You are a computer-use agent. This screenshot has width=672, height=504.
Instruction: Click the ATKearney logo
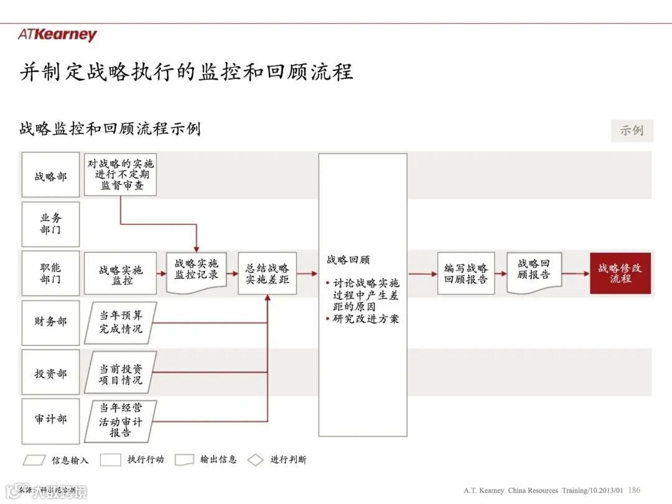[x=57, y=34]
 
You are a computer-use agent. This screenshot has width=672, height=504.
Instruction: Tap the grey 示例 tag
[x=632, y=131]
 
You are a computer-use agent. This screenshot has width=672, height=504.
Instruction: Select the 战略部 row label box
[x=50, y=176]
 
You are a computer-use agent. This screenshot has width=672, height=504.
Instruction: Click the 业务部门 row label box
[x=50, y=224]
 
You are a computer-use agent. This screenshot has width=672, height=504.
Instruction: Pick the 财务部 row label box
[x=50, y=322]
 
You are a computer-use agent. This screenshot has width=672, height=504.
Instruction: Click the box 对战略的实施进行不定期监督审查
[x=121, y=175]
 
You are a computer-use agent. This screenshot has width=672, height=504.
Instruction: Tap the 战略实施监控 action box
[x=121, y=274]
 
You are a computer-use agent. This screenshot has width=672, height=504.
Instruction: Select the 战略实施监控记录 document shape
[x=197, y=272]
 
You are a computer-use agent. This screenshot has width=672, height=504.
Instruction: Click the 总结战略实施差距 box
[x=268, y=274]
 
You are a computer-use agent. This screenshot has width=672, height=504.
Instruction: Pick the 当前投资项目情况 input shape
[x=121, y=373]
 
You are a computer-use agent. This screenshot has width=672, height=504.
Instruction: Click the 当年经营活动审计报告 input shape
[x=121, y=421]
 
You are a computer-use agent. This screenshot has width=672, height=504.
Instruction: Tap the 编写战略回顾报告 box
[x=466, y=274]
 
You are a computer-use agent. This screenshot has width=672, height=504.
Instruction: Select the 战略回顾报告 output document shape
[x=534, y=272]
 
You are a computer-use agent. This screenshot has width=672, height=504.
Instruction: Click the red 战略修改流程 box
[x=620, y=274]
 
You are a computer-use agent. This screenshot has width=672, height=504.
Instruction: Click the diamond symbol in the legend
[x=256, y=460]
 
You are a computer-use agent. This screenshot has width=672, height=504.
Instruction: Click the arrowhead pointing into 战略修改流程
[x=586, y=274]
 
